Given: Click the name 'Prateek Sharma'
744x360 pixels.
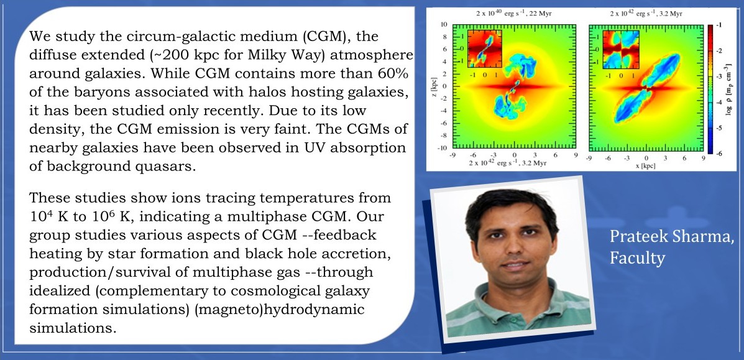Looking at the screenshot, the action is pos(671,236).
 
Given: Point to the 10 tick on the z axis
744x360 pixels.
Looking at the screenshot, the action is pos(444,24).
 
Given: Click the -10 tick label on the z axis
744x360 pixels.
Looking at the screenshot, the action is pos(443,148).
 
